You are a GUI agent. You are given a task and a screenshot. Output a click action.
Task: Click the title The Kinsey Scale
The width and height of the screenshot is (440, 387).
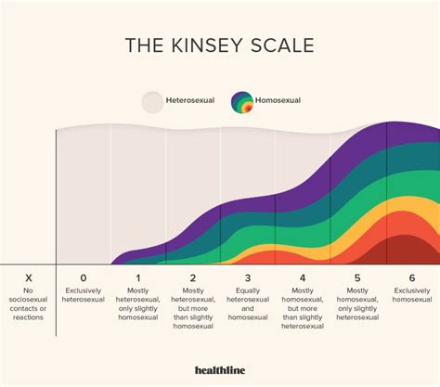pos(220,46)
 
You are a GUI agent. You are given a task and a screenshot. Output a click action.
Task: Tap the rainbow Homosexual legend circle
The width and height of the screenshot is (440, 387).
pos(242,102)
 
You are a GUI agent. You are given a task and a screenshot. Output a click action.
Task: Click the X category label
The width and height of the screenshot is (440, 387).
pos(28,277)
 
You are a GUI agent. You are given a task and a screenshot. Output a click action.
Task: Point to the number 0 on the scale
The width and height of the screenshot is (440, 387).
pos(84,277)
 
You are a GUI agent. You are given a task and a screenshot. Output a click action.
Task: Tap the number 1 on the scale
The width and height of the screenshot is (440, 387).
pos(138,277)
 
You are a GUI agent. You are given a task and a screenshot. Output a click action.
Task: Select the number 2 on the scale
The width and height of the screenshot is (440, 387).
pos(193,277)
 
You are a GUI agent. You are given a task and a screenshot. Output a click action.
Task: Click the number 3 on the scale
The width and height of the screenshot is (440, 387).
pos(248,277)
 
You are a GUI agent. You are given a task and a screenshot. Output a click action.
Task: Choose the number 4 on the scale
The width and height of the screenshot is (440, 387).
pos(303,277)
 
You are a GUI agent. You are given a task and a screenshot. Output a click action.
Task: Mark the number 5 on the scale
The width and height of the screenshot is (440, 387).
pos(357,277)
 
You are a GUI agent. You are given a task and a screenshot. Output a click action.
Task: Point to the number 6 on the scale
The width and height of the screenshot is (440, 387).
pos(412,277)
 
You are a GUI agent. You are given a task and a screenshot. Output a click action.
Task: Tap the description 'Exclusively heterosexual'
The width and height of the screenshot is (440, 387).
pos(84,296)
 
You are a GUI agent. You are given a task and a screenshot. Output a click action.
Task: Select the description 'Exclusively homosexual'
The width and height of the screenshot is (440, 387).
pos(412,296)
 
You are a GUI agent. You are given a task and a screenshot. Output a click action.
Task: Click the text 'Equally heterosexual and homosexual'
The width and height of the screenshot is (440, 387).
pos(248,304)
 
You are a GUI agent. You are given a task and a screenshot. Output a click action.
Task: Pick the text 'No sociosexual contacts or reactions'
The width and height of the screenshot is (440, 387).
pos(28,304)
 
